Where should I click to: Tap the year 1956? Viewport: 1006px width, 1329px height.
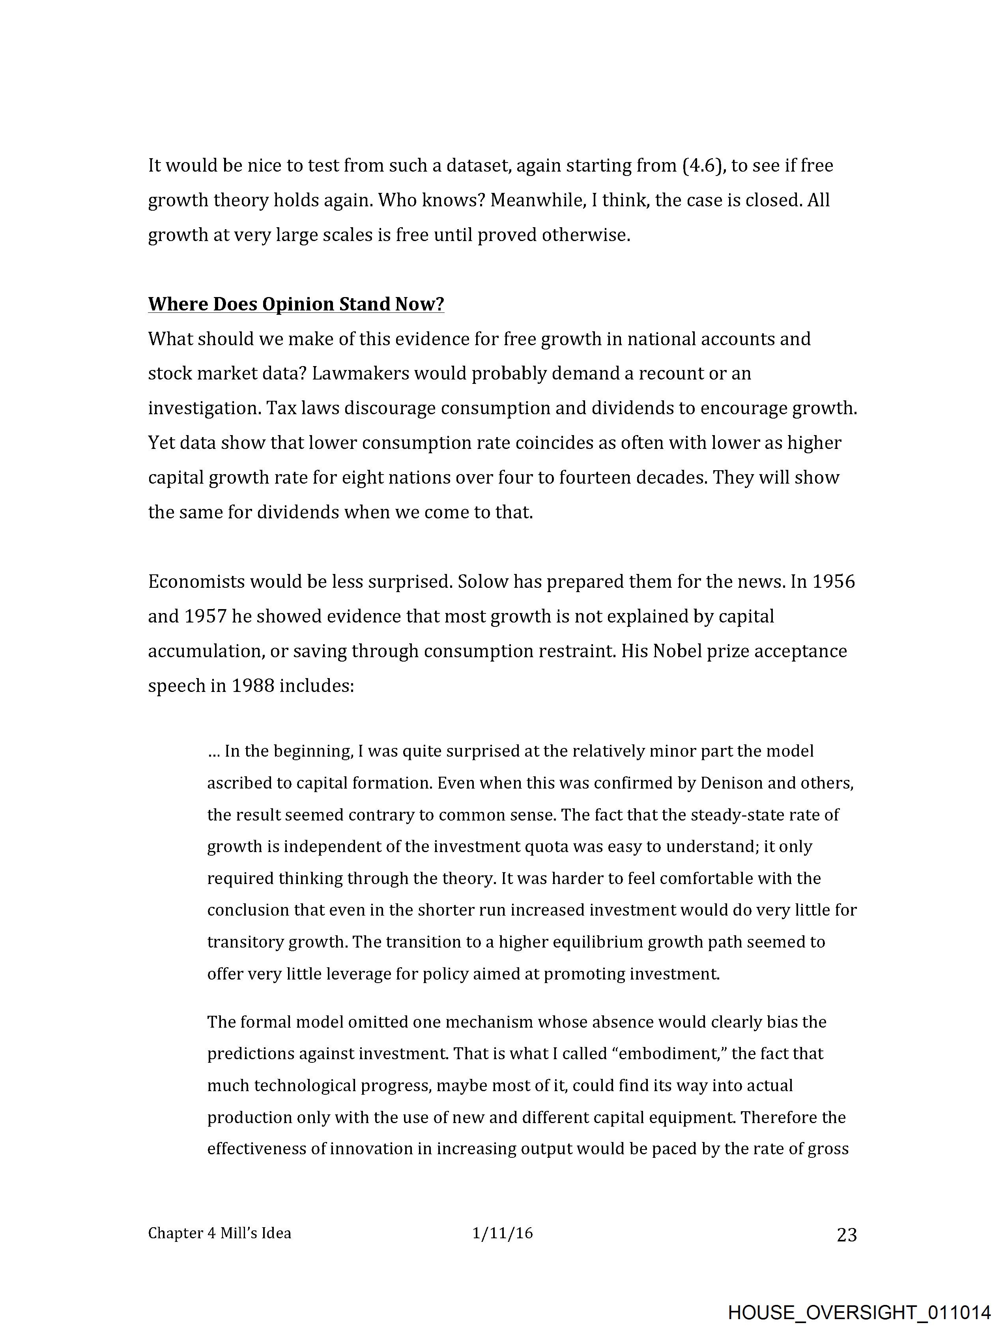[833, 581]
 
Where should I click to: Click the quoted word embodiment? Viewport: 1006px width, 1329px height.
[669, 1053]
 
